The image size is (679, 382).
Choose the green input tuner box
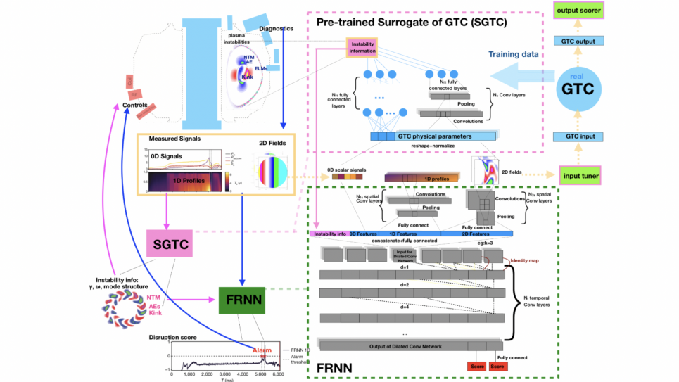[582, 174]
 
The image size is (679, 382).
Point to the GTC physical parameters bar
[433, 136]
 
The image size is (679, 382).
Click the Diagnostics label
[276, 29]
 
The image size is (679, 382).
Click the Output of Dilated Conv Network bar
[410, 345]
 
